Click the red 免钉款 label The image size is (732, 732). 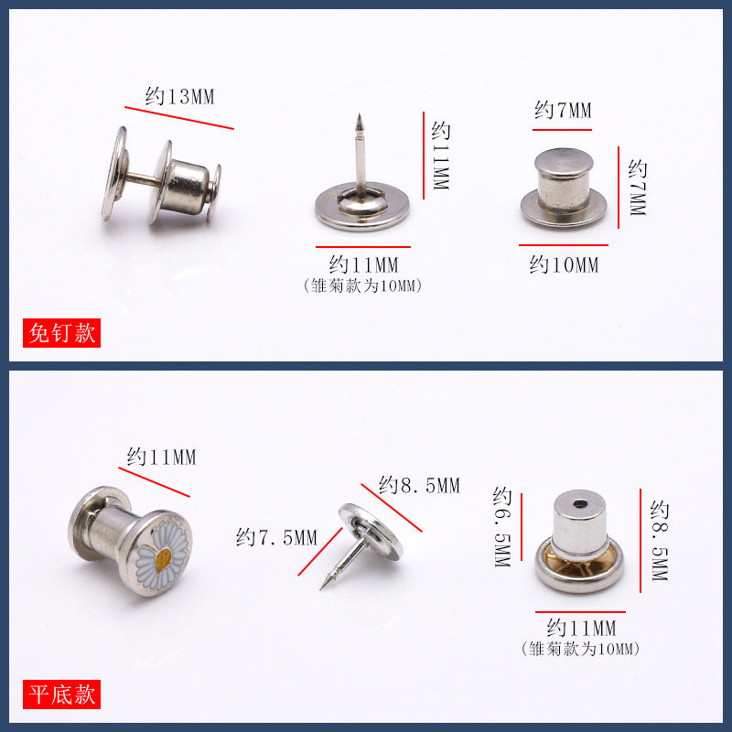[61, 333]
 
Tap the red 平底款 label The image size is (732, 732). [61, 694]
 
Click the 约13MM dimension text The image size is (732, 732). [179, 97]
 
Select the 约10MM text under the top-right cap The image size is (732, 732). [564, 265]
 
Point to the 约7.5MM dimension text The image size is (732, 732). [277, 537]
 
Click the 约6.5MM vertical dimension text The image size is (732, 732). [502, 527]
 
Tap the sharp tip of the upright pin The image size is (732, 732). [360, 115]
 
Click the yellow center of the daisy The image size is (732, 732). [163, 559]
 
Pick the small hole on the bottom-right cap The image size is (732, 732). [580, 504]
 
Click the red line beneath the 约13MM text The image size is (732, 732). [179, 118]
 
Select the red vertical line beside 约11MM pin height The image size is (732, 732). [424, 156]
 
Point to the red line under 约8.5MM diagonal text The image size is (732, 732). [392, 508]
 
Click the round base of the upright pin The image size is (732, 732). [362, 207]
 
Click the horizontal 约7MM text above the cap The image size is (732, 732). [563, 111]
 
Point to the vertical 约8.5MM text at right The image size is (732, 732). [659, 540]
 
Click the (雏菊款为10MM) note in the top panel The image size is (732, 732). [362, 285]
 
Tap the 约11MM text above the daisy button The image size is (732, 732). [162, 457]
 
